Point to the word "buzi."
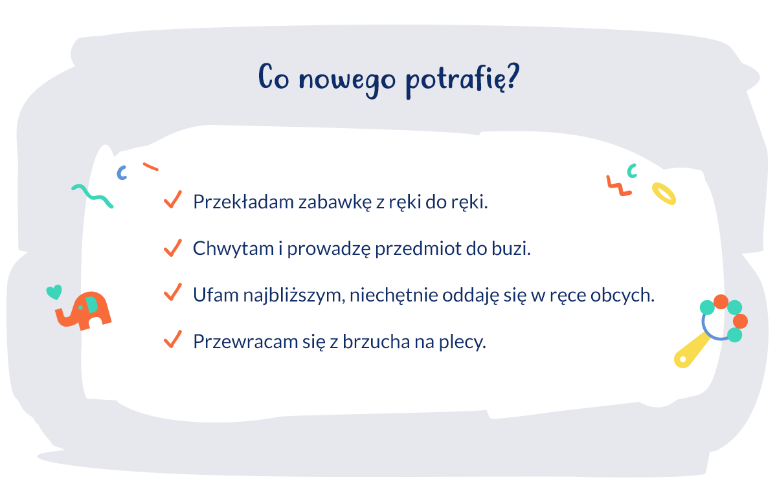point(514,248)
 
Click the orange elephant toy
point(84,311)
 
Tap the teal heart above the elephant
point(54,292)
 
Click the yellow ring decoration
point(664,193)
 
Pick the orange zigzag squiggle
point(618,186)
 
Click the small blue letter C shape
point(121,173)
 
